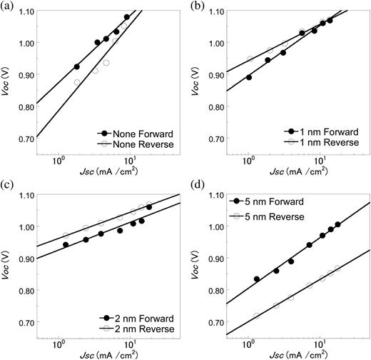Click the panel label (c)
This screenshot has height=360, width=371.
tap(8, 187)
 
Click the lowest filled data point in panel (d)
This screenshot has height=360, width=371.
tap(257, 279)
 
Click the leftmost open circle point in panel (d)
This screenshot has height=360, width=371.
tap(257, 315)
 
